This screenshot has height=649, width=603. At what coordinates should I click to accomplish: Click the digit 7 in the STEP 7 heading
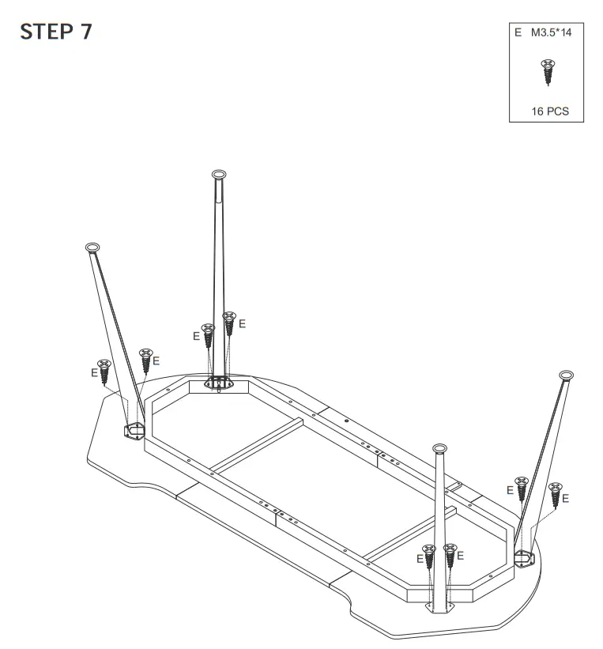[x=85, y=32]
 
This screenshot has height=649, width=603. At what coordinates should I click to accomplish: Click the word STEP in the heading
[x=47, y=32]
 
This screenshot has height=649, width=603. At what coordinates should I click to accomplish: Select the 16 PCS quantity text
[x=549, y=111]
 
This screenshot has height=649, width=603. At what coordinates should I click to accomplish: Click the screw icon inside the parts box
[x=546, y=72]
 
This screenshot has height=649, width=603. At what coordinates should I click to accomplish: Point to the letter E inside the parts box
[x=518, y=33]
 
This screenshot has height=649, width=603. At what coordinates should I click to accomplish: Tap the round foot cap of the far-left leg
[x=92, y=247]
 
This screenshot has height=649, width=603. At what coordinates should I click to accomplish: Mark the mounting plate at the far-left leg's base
[x=134, y=430]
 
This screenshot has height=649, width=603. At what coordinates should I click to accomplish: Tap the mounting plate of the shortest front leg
[x=439, y=606]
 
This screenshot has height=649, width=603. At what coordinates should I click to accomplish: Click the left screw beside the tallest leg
[x=209, y=336]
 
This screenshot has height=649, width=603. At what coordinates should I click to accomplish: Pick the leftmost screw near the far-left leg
[x=103, y=372]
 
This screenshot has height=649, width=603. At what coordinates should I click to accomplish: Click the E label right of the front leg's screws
[x=460, y=555]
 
